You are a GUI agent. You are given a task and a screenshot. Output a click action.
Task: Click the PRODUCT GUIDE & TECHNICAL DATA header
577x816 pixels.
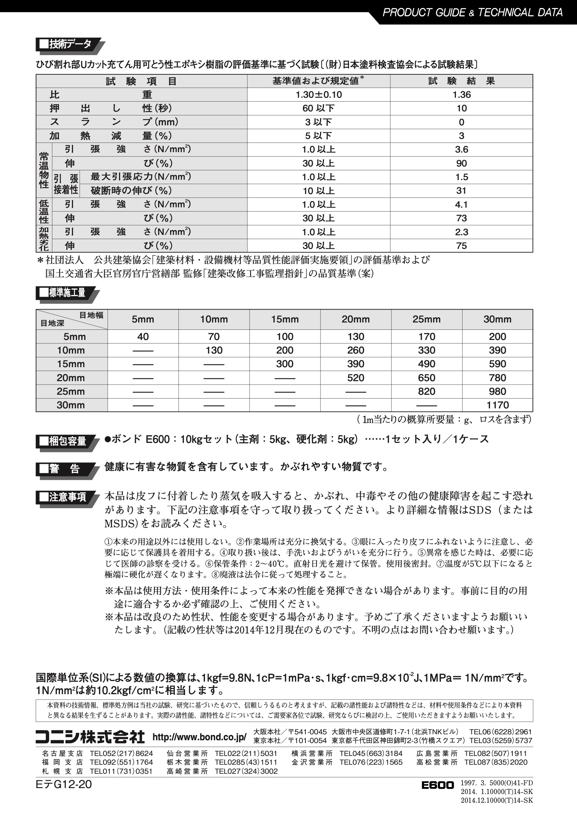(x=472, y=13)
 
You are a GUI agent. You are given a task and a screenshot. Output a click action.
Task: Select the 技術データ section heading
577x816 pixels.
(x=66, y=44)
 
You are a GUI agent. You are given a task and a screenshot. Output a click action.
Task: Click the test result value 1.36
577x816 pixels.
(x=461, y=95)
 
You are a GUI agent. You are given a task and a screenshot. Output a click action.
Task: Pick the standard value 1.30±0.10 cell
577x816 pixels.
(x=319, y=95)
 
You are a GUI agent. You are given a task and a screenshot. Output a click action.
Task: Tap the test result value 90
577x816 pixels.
(x=461, y=163)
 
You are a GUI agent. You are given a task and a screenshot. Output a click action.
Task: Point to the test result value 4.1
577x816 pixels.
(x=461, y=205)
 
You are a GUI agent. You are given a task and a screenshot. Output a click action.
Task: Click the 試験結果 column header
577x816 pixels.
(x=461, y=81)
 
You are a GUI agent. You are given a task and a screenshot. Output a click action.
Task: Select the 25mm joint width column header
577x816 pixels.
(x=426, y=319)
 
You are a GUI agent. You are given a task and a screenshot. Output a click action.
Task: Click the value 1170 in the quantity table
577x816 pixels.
(x=497, y=405)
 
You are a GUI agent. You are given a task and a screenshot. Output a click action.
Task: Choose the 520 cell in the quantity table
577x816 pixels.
(x=355, y=378)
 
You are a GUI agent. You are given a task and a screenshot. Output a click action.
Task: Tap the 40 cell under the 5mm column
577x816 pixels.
(x=143, y=336)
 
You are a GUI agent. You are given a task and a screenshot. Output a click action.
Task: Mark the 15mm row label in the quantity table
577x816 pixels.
(x=71, y=364)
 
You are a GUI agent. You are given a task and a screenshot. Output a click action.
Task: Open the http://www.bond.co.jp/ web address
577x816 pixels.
(x=199, y=737)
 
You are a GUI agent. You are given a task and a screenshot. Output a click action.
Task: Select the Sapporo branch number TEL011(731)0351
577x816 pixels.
(x=121, y=771)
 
